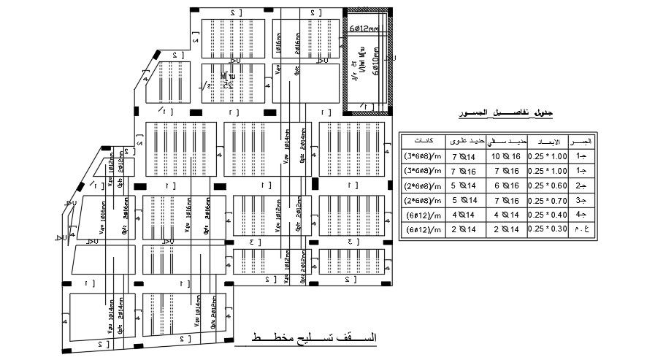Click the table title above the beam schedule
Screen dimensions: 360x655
tap(505, 113)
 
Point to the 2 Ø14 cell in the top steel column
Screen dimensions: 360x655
tap(464, 229)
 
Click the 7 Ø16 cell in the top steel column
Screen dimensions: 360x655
tap(464, 171)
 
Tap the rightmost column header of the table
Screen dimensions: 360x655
tap(583, 140)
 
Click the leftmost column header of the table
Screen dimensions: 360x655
tap(424, 140)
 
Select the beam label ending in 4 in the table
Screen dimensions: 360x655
tap(583, 215)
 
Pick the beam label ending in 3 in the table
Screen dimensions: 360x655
tap(583, 200)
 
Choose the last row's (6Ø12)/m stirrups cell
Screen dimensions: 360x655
tap(424, 229)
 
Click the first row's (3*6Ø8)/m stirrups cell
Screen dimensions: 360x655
tap(424, 156)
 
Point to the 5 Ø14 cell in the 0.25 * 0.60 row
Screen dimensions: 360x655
tap(464, 185)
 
